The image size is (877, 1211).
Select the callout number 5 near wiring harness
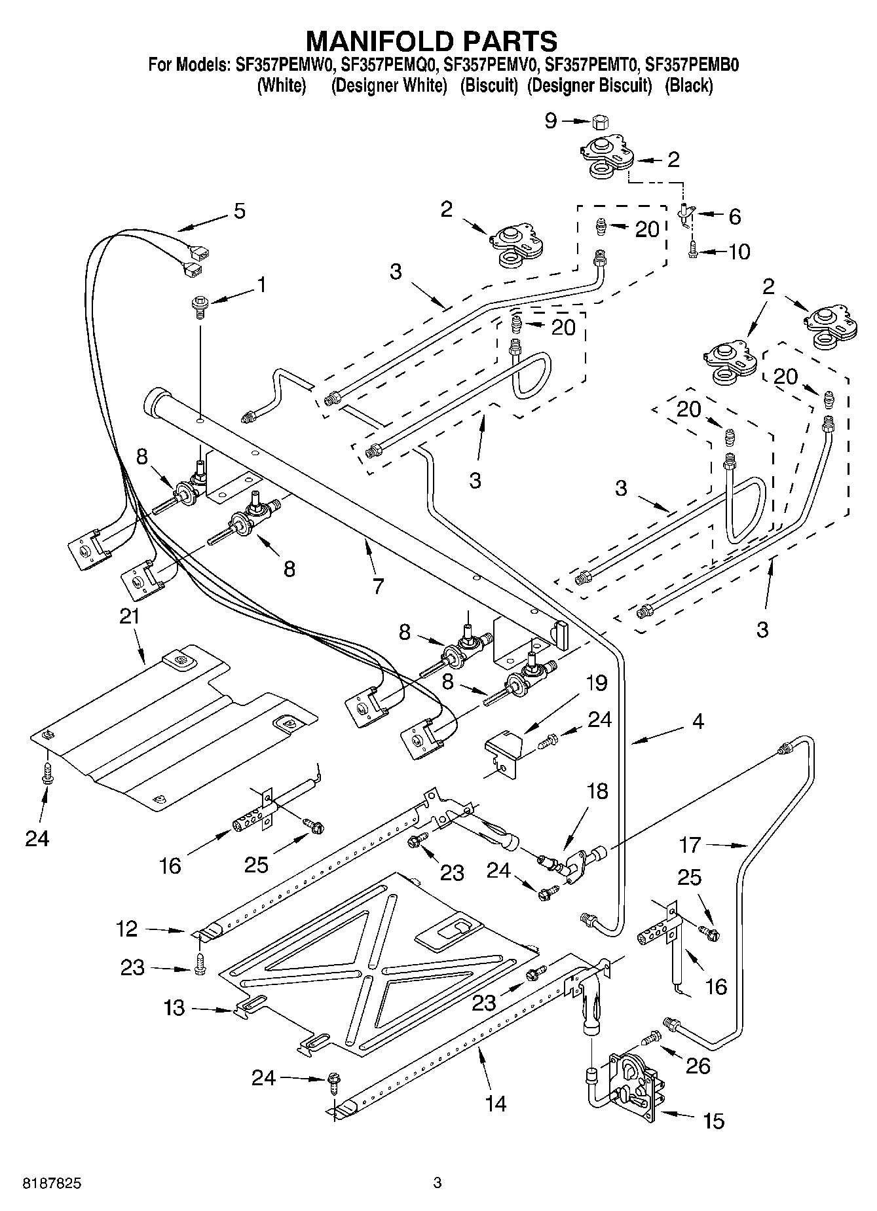tap(240, 211)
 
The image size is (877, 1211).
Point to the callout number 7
tap(378, 586)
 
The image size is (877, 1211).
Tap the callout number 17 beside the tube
tap(690, 846)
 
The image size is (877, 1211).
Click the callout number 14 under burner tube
tap(496, 1103)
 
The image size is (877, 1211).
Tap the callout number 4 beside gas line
tap(698, 721)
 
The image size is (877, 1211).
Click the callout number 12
tap(128, 929)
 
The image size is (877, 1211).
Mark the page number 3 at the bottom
tap(438, 1183)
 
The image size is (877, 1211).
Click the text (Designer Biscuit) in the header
tap(589, 86)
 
